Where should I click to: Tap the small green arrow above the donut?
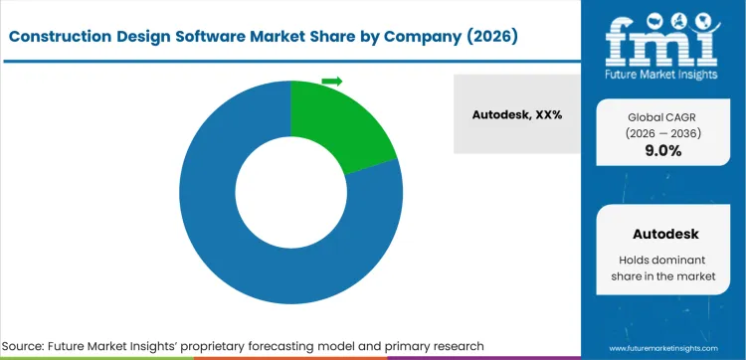[x=332, y=81]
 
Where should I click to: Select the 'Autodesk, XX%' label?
[x=517, y=114]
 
